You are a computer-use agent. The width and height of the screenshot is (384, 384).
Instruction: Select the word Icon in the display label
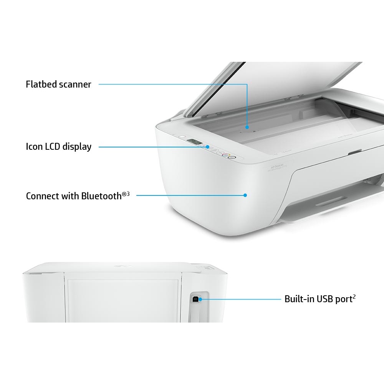[x=34, y=147]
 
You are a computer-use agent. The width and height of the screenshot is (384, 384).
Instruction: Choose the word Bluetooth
[x=101, y=196]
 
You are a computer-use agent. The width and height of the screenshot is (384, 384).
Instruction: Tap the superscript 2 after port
[x=354, y=297]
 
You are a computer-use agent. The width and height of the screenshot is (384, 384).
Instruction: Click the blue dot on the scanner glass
[x=247, y=127]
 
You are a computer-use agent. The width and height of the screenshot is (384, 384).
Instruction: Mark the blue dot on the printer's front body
[x=245, y=195]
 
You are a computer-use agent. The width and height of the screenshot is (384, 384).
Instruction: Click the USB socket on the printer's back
[x=195, y=299]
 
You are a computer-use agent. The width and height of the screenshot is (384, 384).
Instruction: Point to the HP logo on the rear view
[x=125, y=266]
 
